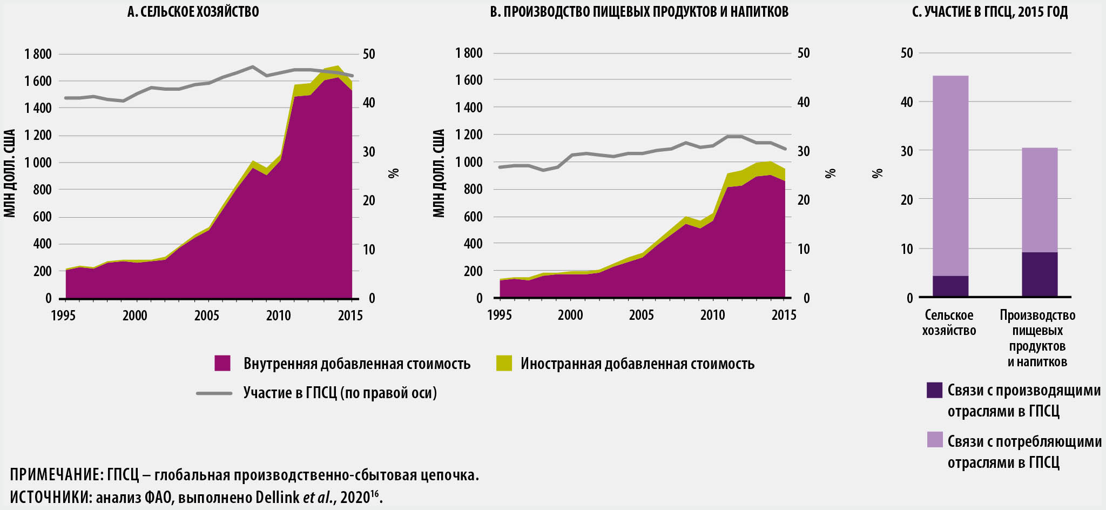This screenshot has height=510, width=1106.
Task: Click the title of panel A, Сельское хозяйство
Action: (193, 11)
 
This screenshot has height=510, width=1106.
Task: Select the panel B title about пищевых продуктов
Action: (639, 11)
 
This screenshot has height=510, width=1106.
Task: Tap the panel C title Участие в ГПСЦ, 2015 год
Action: (989, 11)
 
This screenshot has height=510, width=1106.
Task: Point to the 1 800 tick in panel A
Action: (38, 54)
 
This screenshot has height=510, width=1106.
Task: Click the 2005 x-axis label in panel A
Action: (206, 316)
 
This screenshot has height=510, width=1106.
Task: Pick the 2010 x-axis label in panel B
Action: (712, 315)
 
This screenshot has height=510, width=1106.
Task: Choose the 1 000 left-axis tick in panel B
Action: (468, 162)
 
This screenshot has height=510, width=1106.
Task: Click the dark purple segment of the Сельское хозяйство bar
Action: (950, 286)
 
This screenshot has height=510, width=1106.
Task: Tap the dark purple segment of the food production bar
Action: (1040, 274)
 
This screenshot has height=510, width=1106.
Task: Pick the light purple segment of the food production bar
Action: (1040, 200)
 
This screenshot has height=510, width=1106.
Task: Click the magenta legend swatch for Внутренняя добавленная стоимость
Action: (222, 363)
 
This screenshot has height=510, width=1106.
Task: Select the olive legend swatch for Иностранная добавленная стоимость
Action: (504, 363)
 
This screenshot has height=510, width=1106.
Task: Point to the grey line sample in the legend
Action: (214, 393)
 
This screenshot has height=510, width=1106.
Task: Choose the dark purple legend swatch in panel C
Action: (934, 390)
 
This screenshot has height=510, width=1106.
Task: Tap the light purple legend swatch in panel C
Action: (934, 440)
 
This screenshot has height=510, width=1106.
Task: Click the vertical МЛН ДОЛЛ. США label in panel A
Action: (10, 173)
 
